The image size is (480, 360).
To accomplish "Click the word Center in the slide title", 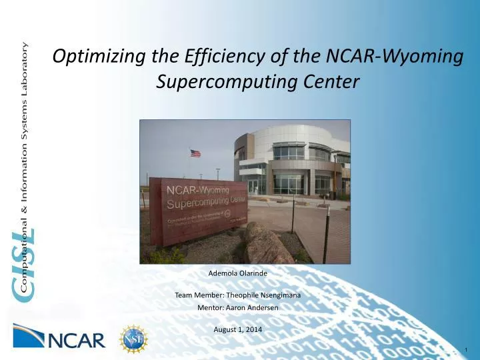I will point(327,81).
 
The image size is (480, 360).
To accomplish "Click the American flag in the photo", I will point(195,153).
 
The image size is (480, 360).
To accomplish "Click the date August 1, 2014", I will point(238,330).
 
